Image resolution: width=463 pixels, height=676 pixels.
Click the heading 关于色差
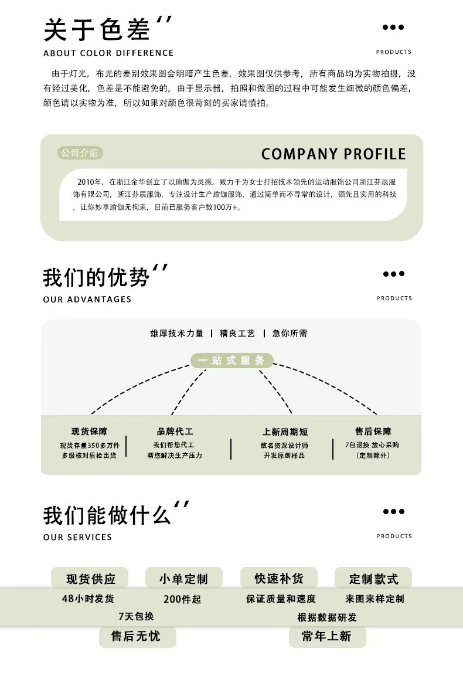pyautogui.click(x=97, y=30)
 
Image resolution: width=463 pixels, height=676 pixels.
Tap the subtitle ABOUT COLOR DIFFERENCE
pyautogui.click(x=108, y=53)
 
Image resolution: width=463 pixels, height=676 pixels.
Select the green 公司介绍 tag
pyautogui.click(x=80, y=153)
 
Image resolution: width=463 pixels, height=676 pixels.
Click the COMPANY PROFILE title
pyautogui.click(x=333, y=154)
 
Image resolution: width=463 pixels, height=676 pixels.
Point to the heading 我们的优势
pyautogui.click(x=96, y=277)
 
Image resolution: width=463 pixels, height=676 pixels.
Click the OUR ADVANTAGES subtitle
pyautogui.click(x=87, y=299)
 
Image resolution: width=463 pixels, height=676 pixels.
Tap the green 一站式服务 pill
pyautogui.click(x=231, y=361)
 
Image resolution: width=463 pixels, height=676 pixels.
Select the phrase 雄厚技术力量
pyautogui.click(x=177, y=333)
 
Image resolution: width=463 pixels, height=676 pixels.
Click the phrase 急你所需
pyautogui.click(x=290, y=333)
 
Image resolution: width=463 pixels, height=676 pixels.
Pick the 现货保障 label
pyautogui.click(x=89, y=432)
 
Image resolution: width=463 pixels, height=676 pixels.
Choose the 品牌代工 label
pyautogui.click(x=175, y=432)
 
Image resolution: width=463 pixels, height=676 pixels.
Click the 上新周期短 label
pyautogui.click(x=285, y=432)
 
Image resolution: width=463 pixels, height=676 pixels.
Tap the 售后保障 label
pyautogui.click(x=373, y=432)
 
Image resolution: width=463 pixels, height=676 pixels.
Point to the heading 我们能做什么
pyautogui.click(x=107, y=515)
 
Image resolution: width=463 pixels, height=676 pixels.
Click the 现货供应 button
pyautogui.click(x=90, y=578)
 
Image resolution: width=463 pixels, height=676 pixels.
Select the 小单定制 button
pyautogui.click(x=184, y=578)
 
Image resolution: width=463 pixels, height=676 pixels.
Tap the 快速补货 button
pyautogui.click(x=279, y=578)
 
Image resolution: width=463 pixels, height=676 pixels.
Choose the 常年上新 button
pyautogui.click(x=328, y=636)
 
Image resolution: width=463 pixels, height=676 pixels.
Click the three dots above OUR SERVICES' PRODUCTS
pyautogui.click(x=394, y=512)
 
